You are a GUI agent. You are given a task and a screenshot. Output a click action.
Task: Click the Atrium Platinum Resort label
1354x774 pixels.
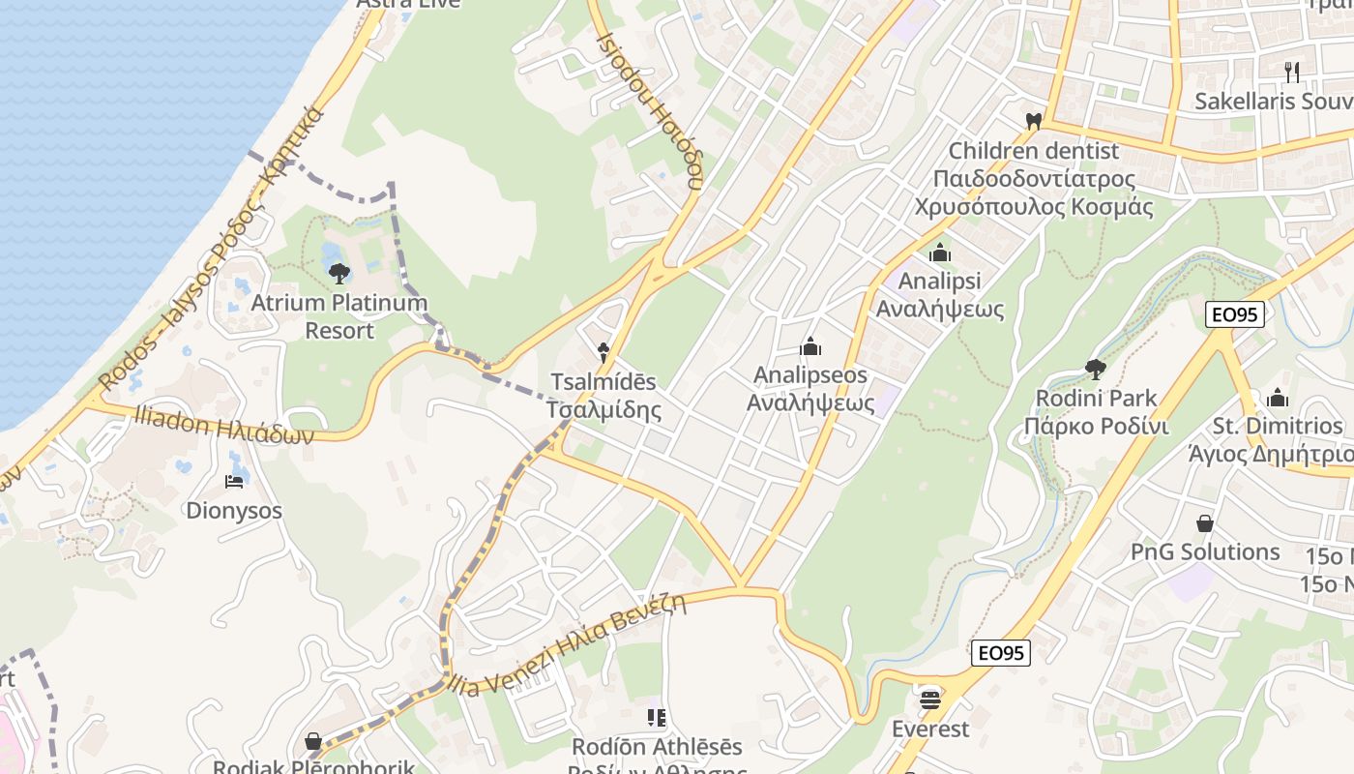point(338,316)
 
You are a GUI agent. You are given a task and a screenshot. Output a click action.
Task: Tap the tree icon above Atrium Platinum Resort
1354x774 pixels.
point(338,274)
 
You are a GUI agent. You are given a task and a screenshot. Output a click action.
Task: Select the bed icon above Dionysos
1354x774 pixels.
point(234,481)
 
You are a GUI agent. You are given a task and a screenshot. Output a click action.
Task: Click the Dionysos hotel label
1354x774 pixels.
point(234,510)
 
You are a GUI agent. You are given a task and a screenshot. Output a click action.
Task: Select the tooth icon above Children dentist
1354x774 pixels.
point(1033,121)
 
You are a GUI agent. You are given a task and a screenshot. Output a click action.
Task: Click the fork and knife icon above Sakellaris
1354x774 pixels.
point(1291,71)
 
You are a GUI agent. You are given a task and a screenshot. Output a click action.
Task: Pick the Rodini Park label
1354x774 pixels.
point(1096,412)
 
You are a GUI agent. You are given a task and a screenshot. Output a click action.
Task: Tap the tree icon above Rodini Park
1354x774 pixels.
point(1096,369)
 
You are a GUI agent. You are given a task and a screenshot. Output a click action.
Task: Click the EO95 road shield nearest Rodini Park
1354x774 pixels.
point(1235,314)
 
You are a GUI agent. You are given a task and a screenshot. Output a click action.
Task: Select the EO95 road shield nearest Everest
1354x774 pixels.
point(1001,653)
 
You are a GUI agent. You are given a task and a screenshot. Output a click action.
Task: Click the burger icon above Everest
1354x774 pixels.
point(930,698)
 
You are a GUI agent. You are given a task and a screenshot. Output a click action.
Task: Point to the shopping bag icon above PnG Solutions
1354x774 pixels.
point(1205,523)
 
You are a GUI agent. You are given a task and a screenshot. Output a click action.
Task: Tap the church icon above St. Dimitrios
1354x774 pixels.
point(1278,398)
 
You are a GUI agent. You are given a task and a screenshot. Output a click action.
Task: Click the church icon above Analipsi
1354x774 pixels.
point(940,253)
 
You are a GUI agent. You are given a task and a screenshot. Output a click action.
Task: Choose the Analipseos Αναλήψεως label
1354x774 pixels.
point(810,388)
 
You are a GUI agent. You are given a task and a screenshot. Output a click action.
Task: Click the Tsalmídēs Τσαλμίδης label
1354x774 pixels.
point(603,396)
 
